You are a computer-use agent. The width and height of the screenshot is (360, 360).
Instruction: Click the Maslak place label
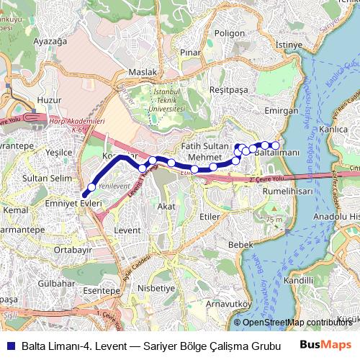click(142, 73)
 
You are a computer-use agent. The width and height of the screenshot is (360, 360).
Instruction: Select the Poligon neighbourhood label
click(230, 33)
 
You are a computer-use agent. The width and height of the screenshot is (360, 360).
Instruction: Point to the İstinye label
click(289, 45)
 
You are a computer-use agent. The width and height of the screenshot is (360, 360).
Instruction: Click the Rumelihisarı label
click(288, 192)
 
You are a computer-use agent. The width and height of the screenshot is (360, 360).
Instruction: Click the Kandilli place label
click(299, 279)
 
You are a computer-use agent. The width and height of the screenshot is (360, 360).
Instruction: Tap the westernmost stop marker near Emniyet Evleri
click(91, 188)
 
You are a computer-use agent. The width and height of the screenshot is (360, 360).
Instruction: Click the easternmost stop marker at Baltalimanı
click(275, 146)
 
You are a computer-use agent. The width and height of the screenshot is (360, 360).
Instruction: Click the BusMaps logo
click(326, 343)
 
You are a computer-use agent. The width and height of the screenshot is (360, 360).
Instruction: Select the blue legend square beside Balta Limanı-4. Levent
click(9, 344)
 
